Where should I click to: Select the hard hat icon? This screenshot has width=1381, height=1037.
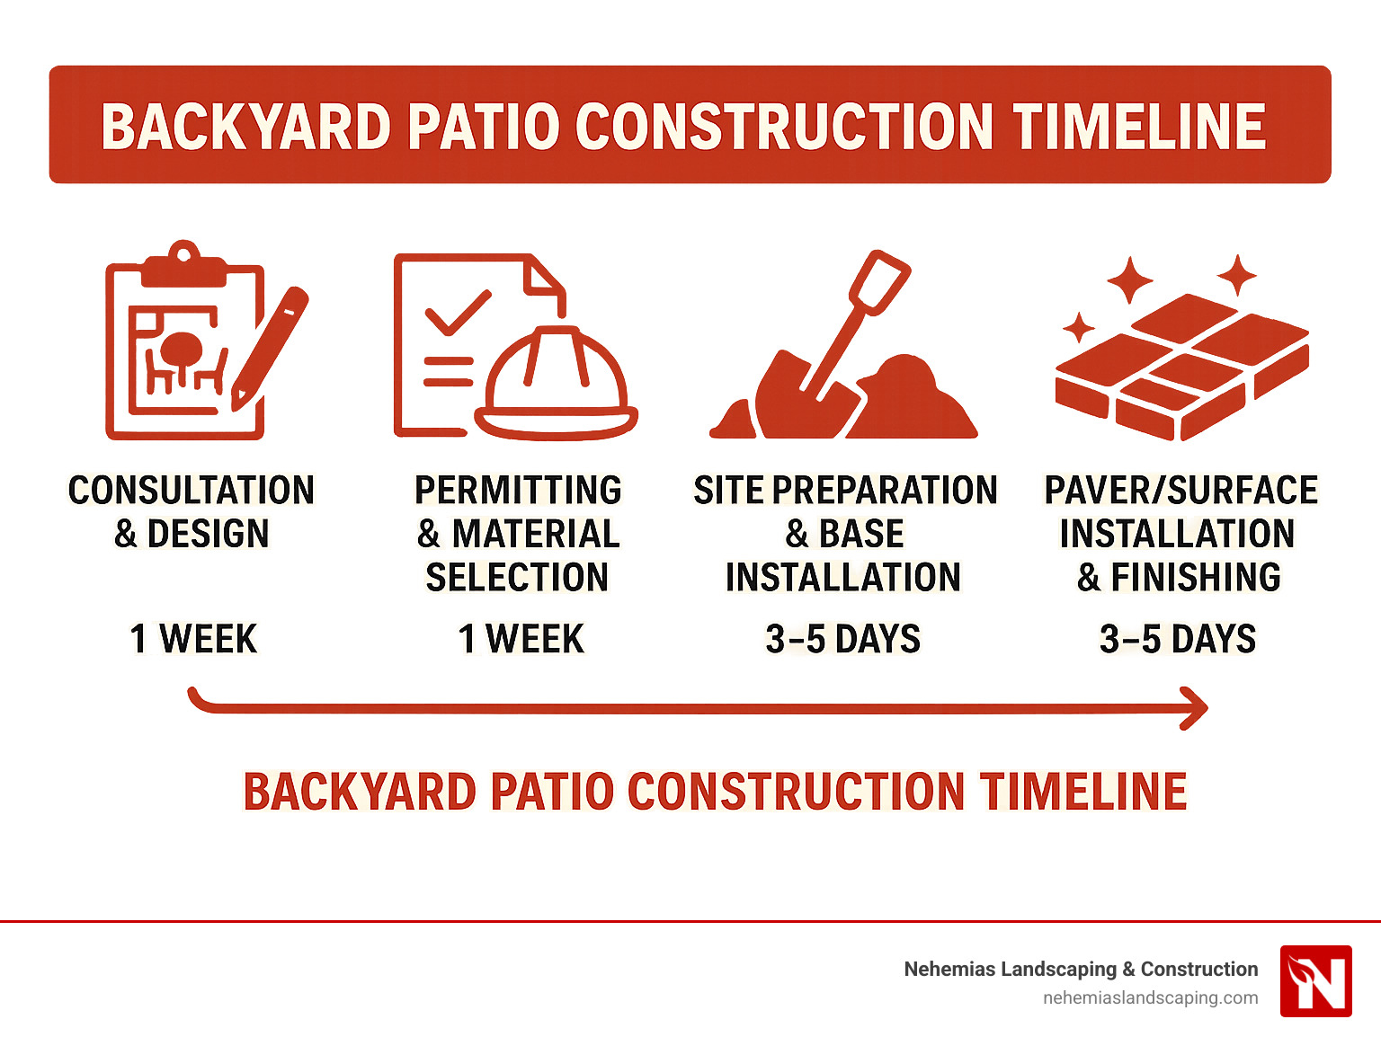click(x=556, y=386)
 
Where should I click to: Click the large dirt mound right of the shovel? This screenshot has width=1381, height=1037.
click(x=908, y=400)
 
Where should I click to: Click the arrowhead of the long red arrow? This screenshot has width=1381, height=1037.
click(x=1195, y=708)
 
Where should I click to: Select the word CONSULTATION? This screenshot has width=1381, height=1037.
click(x=192, y=491)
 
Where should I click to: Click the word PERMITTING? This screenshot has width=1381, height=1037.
click(x=518, y=491)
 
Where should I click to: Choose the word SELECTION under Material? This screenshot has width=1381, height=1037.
click(x=517, y=577)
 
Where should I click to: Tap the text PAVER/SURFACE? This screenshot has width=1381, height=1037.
click(x=1181, y=491)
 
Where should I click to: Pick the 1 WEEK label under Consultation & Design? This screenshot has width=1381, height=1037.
click(x=193, y=639)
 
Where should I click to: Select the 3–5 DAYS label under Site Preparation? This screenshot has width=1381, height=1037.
click(x=843, y=639)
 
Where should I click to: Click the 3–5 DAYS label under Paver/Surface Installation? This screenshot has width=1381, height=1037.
click(x=1178, y=639)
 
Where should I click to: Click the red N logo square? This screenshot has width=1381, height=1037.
click(x=1315, y=981)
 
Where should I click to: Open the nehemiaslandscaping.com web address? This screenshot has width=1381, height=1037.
click(x=1150, y=997)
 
